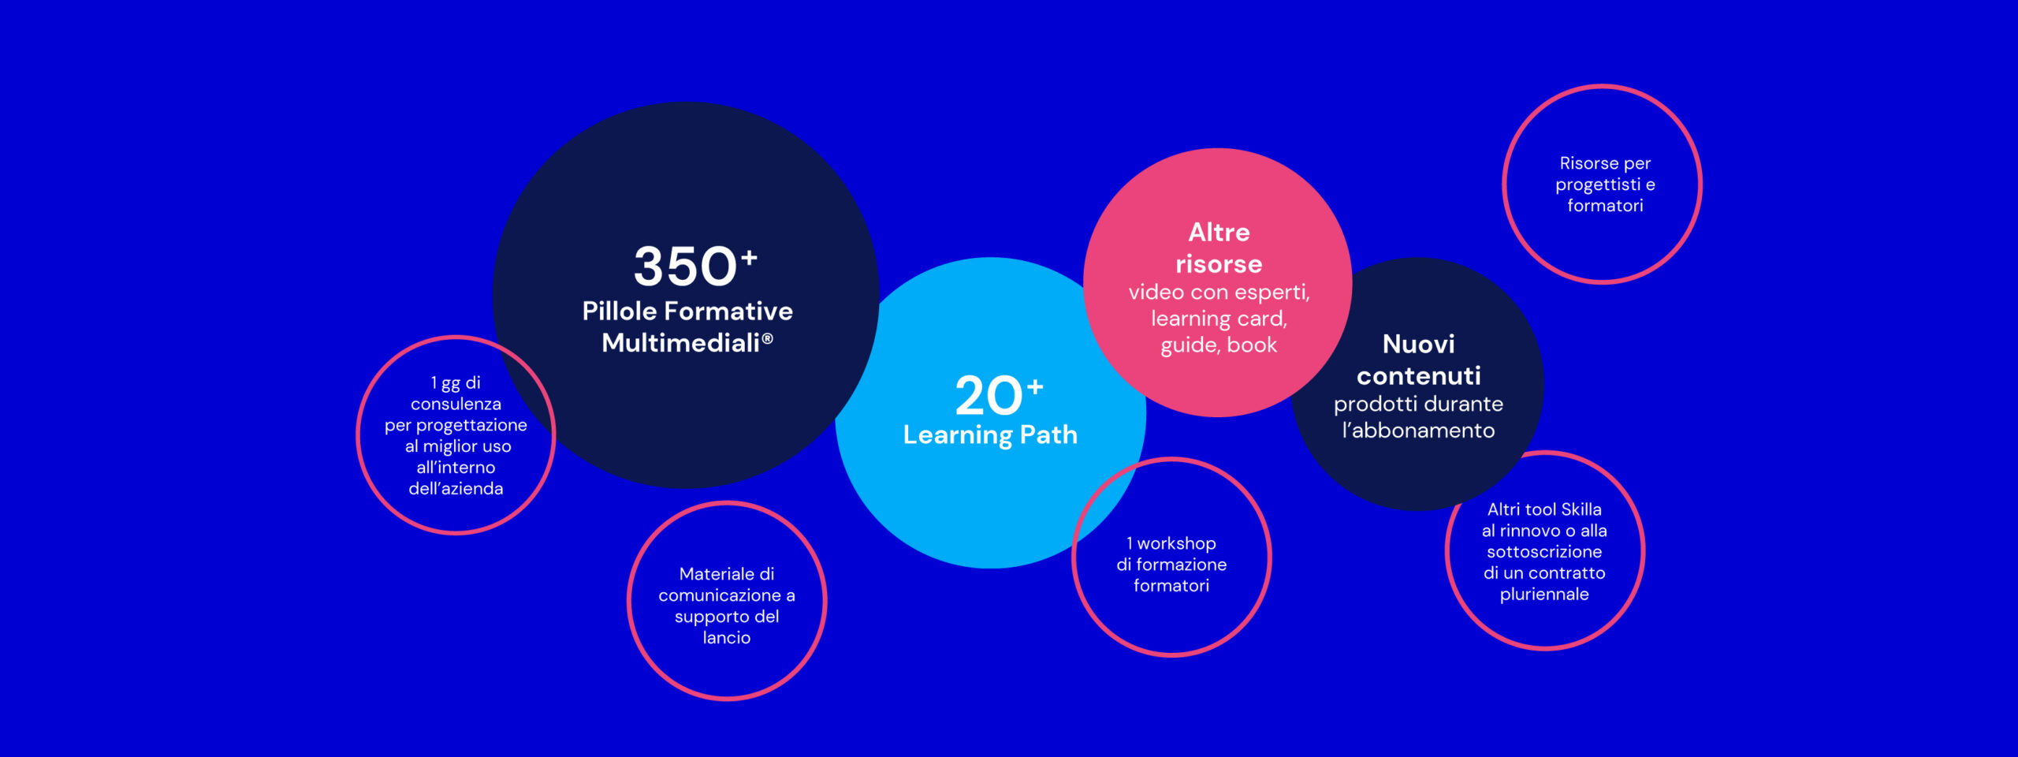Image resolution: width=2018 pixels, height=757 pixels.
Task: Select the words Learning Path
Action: click(x=990, y=434)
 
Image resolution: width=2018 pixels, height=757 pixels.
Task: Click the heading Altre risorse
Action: click(x=1219, y=248)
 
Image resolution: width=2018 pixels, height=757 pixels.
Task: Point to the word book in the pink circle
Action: click(x=1252, y=345)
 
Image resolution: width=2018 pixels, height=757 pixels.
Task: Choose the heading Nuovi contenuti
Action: click(x=1419, y=360)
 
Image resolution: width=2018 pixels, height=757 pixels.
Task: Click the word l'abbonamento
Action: click(x=1418, y=430)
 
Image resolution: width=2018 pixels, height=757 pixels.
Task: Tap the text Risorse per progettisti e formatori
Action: click(x=1605, y=184)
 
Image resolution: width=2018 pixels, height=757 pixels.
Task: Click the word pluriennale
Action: click(x=1544, y=595)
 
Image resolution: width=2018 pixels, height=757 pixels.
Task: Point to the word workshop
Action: click(x=1176, y=543)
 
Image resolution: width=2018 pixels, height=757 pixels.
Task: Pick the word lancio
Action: click(x=727, y=637)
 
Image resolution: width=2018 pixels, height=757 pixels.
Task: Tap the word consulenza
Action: click(x=456, y=404)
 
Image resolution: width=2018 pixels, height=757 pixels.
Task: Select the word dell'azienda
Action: click(x=456, y=489)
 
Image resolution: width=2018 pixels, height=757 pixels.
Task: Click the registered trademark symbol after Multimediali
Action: click(x=767, y=338)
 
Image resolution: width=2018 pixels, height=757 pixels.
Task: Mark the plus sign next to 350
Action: click(x=749, y=257)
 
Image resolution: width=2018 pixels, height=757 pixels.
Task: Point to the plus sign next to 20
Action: click(x=1035, y=386)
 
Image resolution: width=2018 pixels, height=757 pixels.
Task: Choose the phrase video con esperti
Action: click(x=1219, y=292)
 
